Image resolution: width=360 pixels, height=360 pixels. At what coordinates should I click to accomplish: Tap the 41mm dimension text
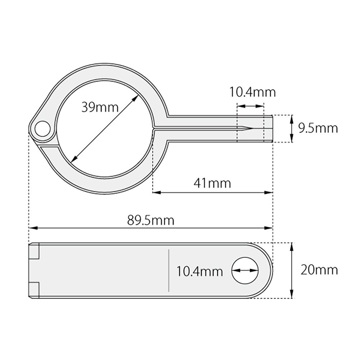212,183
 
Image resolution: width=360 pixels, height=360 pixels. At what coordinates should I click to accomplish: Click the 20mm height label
319,270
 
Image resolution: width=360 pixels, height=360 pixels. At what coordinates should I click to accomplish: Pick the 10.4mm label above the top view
253,93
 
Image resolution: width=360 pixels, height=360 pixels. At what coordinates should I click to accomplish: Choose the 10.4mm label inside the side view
200,270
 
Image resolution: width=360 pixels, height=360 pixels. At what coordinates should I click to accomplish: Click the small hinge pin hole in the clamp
43,129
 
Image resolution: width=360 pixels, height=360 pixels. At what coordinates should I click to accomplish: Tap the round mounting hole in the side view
246,270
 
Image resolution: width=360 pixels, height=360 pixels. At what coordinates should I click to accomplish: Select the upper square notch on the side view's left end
34,251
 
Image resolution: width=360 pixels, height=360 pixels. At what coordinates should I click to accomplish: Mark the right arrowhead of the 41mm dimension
270,192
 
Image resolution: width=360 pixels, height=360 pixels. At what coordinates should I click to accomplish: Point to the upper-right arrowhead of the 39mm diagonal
137,97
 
